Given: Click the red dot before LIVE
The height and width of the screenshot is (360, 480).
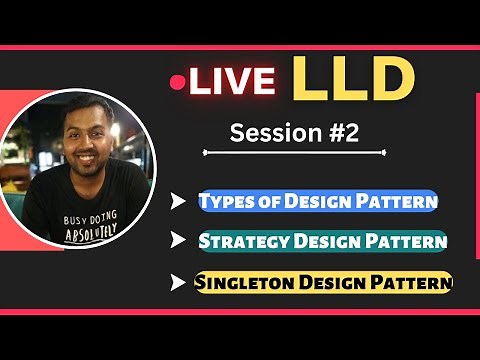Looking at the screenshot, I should point(178,82).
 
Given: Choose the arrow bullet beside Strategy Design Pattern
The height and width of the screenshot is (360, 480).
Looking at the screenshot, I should point(179,241).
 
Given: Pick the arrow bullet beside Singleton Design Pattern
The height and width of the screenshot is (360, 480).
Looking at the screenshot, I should point(179,283).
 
